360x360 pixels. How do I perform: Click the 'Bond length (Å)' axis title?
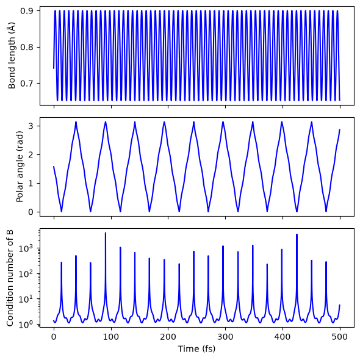click(x=12, y=56)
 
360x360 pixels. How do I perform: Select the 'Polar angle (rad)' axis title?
click(x=20, y=167)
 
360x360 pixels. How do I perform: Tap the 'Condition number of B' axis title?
click(x=10, y=278)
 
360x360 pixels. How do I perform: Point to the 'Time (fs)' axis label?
click(x=196, y=349)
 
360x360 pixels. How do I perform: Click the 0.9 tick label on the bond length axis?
click(x=27, y=11)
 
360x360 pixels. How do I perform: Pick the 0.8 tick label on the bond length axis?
click(x=27, y=47)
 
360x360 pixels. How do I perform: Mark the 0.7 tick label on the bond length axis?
click(x=27, y=83)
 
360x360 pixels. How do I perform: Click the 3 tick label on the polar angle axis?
click(x=31, y=126)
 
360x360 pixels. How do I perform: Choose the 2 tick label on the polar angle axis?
click(x=31, y=155)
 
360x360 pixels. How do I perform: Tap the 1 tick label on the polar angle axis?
click(x=31, y=184)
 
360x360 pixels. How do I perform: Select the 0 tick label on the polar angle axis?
click(x=31, y=212)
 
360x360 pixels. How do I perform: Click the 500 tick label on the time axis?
click(x=340, y=337)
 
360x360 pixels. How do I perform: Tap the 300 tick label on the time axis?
click(x=226, y=337)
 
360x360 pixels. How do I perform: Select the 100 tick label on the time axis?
click(x=111, y=337)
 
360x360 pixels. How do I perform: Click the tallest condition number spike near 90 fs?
click(x=106, y=233)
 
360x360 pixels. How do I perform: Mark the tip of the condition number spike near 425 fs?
click(x=297, y=235)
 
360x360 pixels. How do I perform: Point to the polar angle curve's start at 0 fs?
click(x=54, y=167)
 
